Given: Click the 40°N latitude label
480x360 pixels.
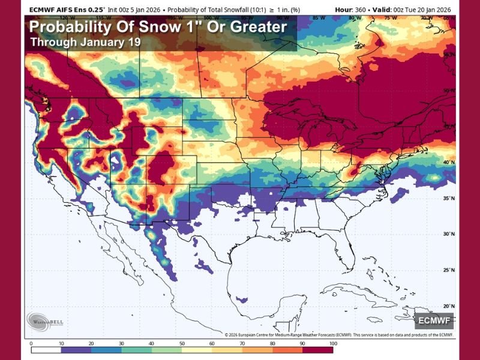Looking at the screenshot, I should [447, 162].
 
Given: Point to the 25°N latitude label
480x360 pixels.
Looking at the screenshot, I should [447, 269].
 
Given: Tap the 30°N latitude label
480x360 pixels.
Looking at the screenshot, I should [447, 234].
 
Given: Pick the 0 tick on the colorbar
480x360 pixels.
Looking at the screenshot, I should [31, 344].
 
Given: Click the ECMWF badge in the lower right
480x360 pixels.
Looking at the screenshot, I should [433, 319].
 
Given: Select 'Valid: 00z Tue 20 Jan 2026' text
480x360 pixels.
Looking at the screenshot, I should [419, 10].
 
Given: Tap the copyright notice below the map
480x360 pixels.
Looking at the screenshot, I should [338, 335].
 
